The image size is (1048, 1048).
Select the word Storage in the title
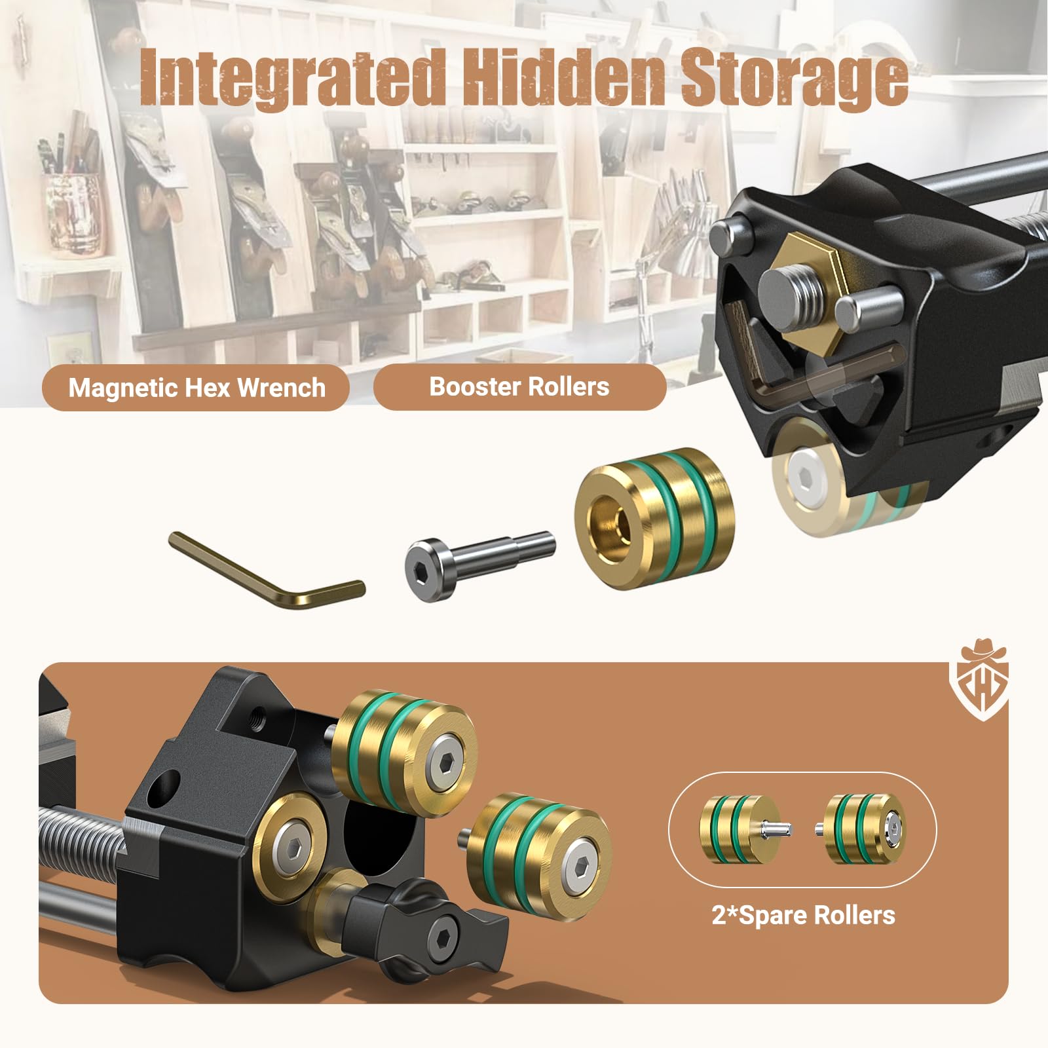pos(794,79)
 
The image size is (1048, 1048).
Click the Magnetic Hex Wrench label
pos(196,388)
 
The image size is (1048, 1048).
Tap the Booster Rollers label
pos(519,386)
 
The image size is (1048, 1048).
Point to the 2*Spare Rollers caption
pos(803,914)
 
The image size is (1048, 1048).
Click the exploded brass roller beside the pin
pos(654,518)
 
